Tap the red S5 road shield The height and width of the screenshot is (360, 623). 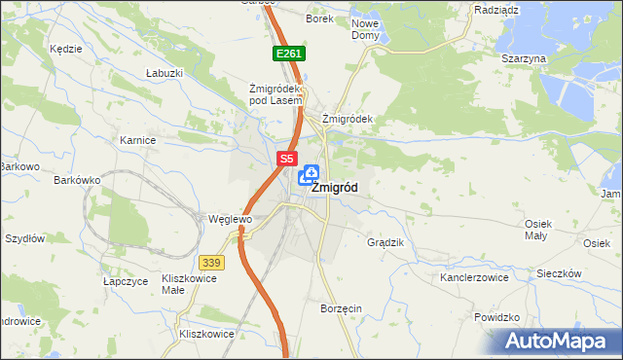pyautogui.click(x=286, y=159)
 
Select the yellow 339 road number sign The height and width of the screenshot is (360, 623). pyautogui.click(x=211, y=262)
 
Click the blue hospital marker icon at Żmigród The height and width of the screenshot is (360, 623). pyautogui.click(x=309, y=174)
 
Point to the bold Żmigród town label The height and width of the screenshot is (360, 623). pyautogui.click(x=334, y=190)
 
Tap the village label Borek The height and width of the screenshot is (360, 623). pyautogui.click(x=320, y=18)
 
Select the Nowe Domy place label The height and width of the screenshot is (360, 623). pyautogui.click(x=365, y=29)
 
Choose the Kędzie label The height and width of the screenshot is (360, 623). pyautogui.click(x=65, y=48)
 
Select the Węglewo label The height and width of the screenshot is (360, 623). pyautogui.click(x=231, y=219)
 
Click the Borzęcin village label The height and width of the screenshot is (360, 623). pyautogui.click(x=341, y=308)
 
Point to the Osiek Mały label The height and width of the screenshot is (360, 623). pyautogui.click(x=538, y=230)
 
